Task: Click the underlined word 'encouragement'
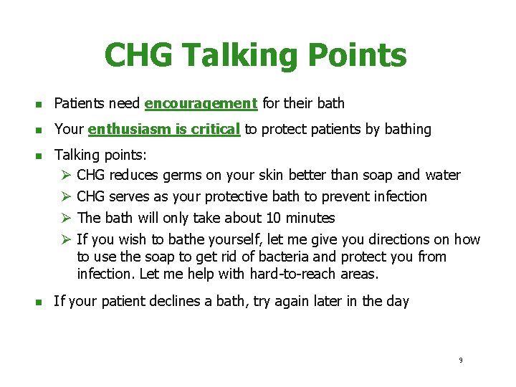201,104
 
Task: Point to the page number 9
461,360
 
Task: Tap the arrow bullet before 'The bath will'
66,218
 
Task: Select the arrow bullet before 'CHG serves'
66,196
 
